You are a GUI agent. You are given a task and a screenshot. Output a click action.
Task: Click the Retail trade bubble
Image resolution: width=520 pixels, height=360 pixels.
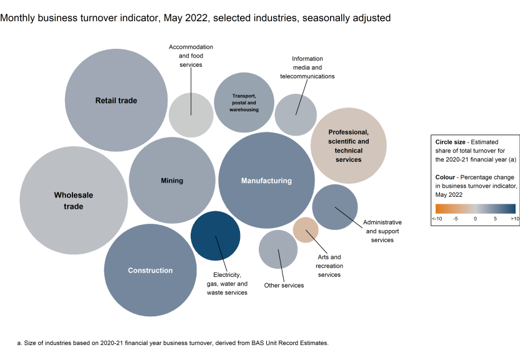tap(116, 100)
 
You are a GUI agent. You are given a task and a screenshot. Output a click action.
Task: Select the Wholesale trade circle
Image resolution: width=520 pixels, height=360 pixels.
tap(73, 200)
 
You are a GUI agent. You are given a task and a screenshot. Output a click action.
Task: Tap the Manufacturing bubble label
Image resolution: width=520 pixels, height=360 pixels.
tap(266, 181)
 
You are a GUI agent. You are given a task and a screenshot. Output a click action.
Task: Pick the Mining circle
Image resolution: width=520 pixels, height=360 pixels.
tap(172, 181)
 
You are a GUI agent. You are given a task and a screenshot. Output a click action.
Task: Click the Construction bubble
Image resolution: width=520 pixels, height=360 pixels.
tap(150, 270)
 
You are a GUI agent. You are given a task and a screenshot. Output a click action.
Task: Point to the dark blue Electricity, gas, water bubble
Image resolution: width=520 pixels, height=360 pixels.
tap(216, 236)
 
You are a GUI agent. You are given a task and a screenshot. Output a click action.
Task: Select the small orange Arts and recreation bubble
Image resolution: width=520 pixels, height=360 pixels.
tap(305, 229)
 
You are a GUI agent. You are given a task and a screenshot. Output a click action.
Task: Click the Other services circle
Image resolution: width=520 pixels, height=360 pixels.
tap(278, 249)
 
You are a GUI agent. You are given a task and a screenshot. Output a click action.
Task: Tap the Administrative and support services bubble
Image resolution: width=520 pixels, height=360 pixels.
tap(335, 207)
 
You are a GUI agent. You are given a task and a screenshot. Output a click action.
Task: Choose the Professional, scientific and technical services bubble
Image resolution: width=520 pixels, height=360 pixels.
tap(348, 146)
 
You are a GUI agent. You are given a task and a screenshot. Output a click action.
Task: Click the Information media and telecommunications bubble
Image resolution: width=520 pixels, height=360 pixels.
tap(296, 114)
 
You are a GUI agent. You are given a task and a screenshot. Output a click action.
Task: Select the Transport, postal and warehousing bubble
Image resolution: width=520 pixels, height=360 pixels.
tap(244, 102)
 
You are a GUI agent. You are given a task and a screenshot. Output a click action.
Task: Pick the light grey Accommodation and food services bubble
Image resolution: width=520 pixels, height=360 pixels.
tap(191, 114)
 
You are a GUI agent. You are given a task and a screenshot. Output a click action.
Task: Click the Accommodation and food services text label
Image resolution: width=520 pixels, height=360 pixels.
tap(191, 56)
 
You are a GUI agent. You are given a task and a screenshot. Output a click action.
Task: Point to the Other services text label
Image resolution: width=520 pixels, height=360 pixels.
tap(284, 286)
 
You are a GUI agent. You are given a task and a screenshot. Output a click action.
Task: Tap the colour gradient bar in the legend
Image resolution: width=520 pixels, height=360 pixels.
tap(475, 209)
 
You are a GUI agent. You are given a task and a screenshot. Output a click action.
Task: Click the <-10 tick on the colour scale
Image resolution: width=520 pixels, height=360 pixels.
tap(436, 219)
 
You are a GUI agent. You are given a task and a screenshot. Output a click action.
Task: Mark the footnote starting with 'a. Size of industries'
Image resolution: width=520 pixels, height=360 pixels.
tap(172, 343)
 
